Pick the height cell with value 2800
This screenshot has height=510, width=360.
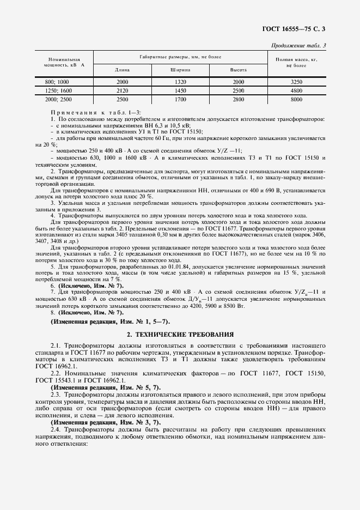click(x=239, y=100)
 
